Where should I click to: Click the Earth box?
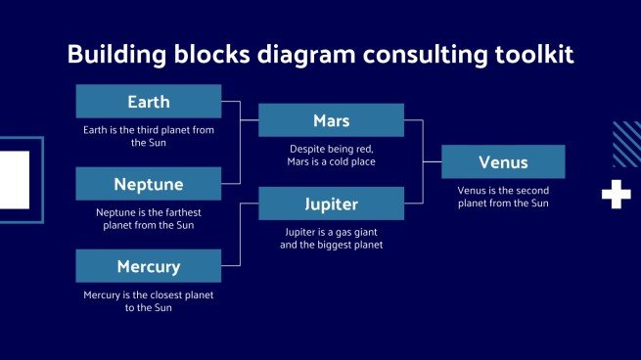[148, 102]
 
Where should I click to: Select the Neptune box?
[148, 184]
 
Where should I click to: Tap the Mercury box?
[148, 266]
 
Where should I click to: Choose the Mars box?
[331, 121]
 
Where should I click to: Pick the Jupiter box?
[331, 204]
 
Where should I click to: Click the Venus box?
[503, 161]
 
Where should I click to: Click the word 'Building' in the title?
[110, 56]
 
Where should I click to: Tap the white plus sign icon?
[616, 195]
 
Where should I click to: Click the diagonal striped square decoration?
[626, 144]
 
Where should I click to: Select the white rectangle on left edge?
[15, 180]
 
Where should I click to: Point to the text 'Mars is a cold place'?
[331, 161]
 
